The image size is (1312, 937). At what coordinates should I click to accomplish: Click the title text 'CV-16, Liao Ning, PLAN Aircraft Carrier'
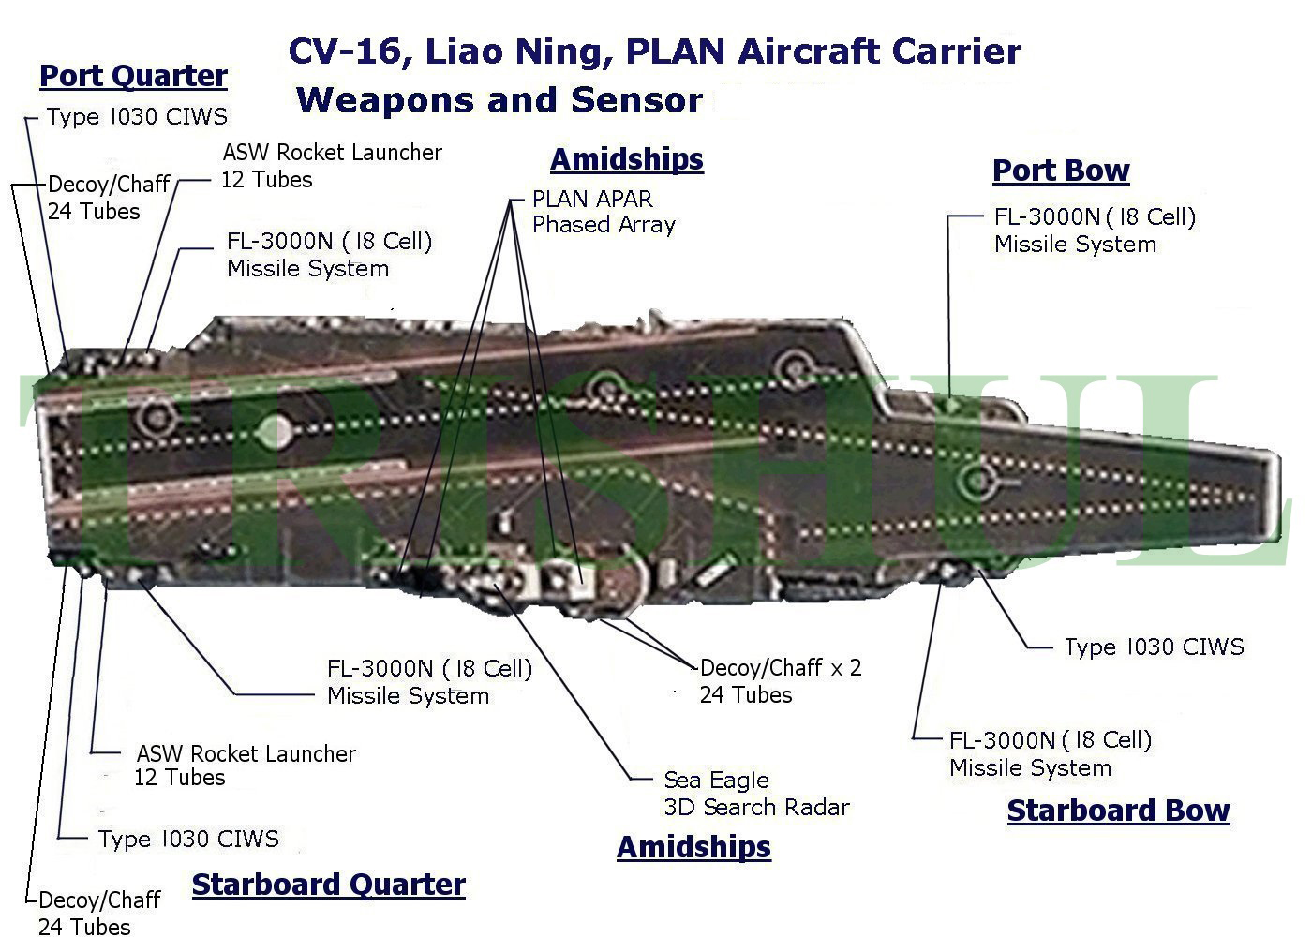point(654,51)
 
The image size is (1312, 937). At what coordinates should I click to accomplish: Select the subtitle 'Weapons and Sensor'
point(499,100)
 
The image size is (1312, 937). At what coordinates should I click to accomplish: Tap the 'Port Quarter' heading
point(133,76)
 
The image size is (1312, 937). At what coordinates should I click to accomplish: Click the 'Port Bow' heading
point(1060,171)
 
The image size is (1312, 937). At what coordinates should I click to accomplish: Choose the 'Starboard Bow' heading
point(1118,811)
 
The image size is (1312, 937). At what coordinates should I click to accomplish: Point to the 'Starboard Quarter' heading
point(328,885)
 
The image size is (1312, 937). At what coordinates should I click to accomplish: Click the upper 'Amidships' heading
point(626,159)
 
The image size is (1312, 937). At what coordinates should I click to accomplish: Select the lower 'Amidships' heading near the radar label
point(693,847)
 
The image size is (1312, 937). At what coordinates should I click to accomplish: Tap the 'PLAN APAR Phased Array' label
point(604,212)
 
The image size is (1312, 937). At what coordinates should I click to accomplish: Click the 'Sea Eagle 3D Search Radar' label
point(755,794)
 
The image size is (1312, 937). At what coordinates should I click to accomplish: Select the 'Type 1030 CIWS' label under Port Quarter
point(137,117)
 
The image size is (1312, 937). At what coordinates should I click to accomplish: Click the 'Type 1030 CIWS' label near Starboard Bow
point(1154,647)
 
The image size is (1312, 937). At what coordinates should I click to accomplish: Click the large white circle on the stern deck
point(275,430)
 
